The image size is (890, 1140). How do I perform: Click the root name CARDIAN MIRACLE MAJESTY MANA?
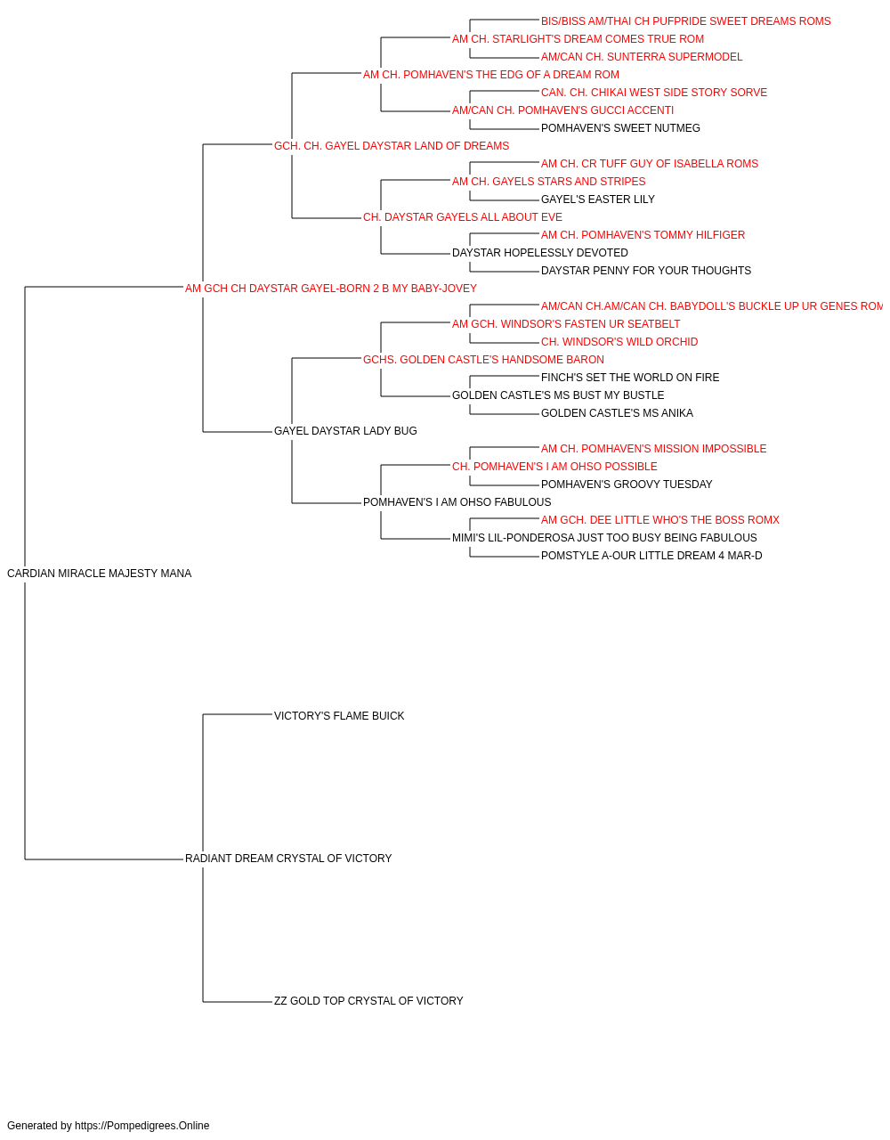pos(99,574)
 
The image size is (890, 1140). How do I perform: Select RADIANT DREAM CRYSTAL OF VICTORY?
pos(288,859)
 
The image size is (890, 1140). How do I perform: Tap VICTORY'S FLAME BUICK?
pos(339,715)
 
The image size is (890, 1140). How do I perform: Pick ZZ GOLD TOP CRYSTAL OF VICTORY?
pos(368,1000)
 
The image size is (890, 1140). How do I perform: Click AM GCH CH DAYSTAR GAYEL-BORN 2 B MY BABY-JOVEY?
pos(331,289)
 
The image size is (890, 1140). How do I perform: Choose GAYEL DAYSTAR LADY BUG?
pos(345,431)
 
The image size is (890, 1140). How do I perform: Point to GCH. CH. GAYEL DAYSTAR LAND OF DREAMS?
pos(392,146)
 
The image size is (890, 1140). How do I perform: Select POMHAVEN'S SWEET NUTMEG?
pos(620,128)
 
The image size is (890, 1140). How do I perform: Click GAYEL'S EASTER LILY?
pos(597,199)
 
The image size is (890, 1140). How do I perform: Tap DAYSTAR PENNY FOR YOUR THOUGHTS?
pos(646,271)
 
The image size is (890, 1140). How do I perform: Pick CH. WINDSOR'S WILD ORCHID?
pos(619,342)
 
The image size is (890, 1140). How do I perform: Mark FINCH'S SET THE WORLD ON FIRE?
pos(630,378)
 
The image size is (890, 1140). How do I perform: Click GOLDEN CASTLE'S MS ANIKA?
pos(617,413)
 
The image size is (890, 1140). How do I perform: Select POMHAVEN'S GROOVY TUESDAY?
pos(627,484)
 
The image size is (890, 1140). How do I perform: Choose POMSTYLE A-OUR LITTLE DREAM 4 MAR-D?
pos(651,556)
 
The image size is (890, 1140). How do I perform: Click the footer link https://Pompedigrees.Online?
pos(142,1126)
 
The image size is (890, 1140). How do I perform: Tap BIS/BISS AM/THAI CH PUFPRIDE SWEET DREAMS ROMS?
pos(685,21)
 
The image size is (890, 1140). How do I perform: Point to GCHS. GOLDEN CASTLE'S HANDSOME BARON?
pos(483,359)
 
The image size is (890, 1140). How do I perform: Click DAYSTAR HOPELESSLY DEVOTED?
pos(540,253)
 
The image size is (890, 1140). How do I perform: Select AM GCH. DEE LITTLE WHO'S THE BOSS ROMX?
pos(659,520)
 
